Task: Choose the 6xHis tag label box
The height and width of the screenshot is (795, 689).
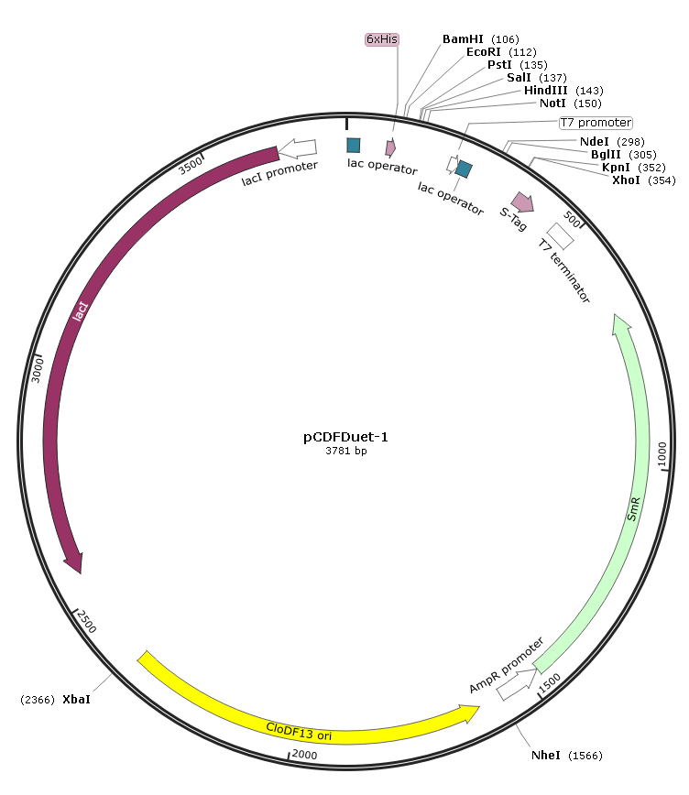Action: pyautogui.click(x=382, y=39)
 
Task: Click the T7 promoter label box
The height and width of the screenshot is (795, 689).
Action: pyautogui.click(x=596, y=123)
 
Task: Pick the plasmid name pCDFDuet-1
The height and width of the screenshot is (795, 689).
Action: pyautogui.click(x=345, y=437)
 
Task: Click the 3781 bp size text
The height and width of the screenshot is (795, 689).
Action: pyautogui.click(x=346, y=451)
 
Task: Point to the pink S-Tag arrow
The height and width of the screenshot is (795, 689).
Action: pyautogui.click(x=522, y=201)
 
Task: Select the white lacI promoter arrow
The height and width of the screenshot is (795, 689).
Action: pyautogui.click(x=298, y=148)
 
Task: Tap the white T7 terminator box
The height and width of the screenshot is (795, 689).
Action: pyautogui.click(x=560, y=236)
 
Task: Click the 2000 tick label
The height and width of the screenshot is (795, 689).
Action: pyautogui.click(x=304, y=755)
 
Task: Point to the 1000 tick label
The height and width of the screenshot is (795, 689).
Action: pyautogui.click(x=662, y=453)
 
